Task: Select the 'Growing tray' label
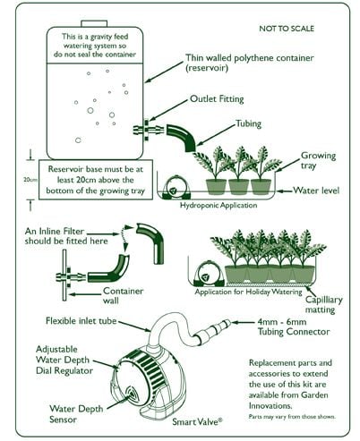point(318,159)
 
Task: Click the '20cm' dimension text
point(31,180)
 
